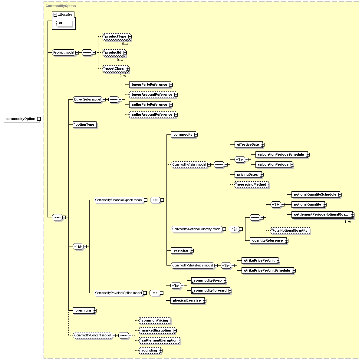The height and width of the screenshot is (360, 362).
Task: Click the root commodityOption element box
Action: [21, 119]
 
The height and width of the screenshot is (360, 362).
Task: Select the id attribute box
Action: [64, 23]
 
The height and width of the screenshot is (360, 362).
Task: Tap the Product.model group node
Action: [64, 52]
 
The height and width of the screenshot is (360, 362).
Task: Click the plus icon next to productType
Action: [130, 37]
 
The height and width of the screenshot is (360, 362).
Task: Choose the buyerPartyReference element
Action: [150, 84]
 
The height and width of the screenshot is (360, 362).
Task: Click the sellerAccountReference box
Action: [152, 114]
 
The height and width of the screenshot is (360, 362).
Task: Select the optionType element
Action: [85, 124]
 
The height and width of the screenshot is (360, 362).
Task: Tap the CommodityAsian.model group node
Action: [189, 164]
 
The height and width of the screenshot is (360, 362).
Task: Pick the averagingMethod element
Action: [252, 184]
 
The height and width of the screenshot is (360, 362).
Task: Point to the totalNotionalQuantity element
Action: [290, 230]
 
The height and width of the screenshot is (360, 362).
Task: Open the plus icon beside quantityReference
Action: [287, 241]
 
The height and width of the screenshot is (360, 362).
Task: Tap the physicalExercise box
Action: [187, 300]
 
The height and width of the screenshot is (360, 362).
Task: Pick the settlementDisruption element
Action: [160, 340]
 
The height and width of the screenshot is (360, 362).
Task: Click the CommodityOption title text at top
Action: [61, 6]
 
